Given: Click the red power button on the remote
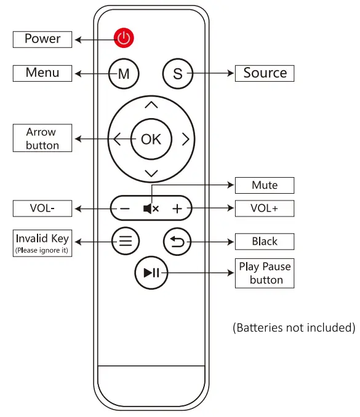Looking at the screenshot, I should tap(124, 38).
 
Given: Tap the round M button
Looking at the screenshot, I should tap(124, 74).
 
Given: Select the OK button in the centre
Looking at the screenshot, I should tap(151, 139).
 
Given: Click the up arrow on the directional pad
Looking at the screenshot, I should tap(151, 105).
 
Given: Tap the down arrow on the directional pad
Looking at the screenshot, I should tap(151, 173).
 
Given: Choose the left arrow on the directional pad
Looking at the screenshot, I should tap(117, 139).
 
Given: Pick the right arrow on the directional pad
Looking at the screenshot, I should tap(185, 139).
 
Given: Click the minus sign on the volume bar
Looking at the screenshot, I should tap(125, 208).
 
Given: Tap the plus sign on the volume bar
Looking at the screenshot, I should tap(177, 208).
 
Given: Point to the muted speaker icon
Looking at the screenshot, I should tap(151, 208).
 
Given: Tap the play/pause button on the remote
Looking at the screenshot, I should tap(151, 273).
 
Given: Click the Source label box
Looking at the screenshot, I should tap(265, 73).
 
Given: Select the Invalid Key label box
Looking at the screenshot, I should tap(42, 243).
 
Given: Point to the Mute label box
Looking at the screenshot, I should tap(265, 185).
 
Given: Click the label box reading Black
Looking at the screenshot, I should tap(265, 242).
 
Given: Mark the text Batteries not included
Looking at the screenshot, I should tap(294, 328).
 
